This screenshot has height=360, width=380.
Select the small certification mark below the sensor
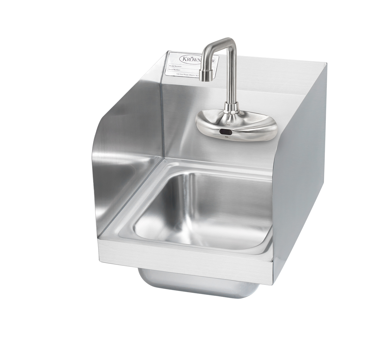pos(225,138)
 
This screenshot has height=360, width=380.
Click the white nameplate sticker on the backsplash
pos(187,65)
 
